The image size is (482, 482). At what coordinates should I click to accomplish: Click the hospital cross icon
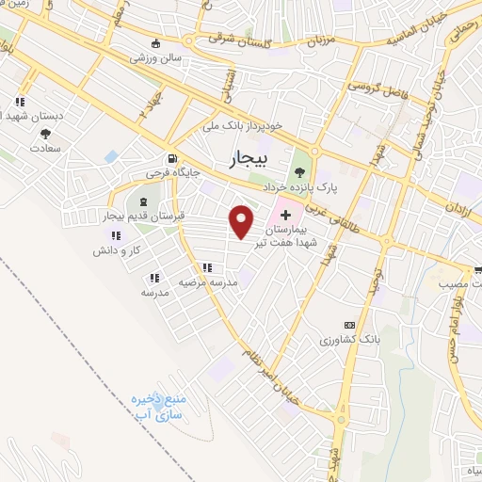[285, 216]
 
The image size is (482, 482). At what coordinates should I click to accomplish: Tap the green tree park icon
[300, 171]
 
